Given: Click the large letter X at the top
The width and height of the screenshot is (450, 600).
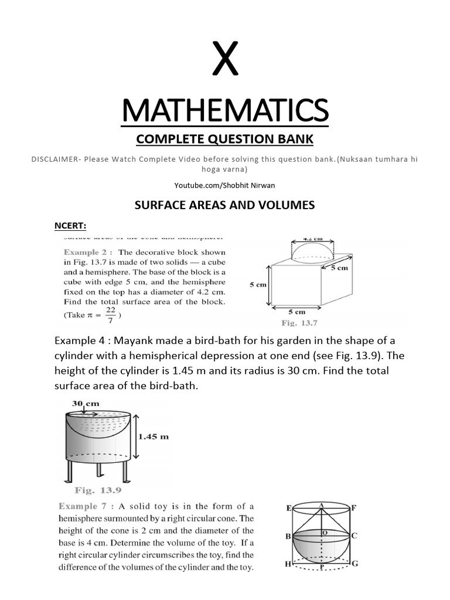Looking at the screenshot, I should click(225, 60).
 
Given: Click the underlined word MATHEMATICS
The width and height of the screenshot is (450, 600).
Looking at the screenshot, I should click(225, 111).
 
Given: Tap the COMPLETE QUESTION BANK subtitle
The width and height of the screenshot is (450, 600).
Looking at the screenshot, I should click(225, 139).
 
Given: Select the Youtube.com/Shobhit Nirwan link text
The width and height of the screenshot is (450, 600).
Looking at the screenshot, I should click(225, 185).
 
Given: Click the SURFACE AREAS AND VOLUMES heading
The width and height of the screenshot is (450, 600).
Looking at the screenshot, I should click(225, 205).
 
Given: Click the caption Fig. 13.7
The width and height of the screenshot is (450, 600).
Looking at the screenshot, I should click(298, 323).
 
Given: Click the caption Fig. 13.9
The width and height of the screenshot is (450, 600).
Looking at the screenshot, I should click(98, 490).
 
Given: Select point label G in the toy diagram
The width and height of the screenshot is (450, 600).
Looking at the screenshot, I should click(354, 564).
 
